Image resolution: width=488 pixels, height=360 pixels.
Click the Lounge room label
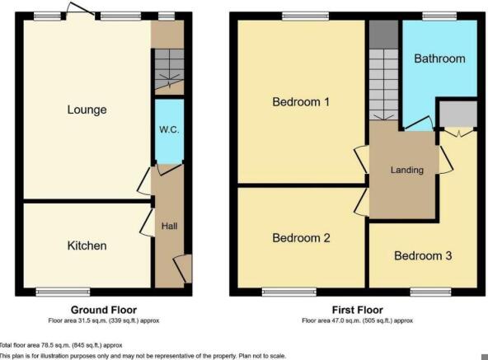(x=87, y=110)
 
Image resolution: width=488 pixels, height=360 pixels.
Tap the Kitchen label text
(x=87, y=245)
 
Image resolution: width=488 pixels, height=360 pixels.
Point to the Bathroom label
(x=439, y=58)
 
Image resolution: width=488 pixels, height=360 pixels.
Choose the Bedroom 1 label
(x=301, y=103)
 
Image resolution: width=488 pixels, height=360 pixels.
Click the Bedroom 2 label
(x=301, y=238)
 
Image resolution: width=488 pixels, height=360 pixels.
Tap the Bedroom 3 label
(x=422, y=255)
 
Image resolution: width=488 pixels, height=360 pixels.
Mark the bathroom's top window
(x=439, y=16)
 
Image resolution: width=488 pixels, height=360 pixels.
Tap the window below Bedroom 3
(x=430, y=292)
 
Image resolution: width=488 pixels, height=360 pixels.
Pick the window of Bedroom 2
(x=289, y=292)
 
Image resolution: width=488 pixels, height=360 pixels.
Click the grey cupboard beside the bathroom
(x=457, y=114)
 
